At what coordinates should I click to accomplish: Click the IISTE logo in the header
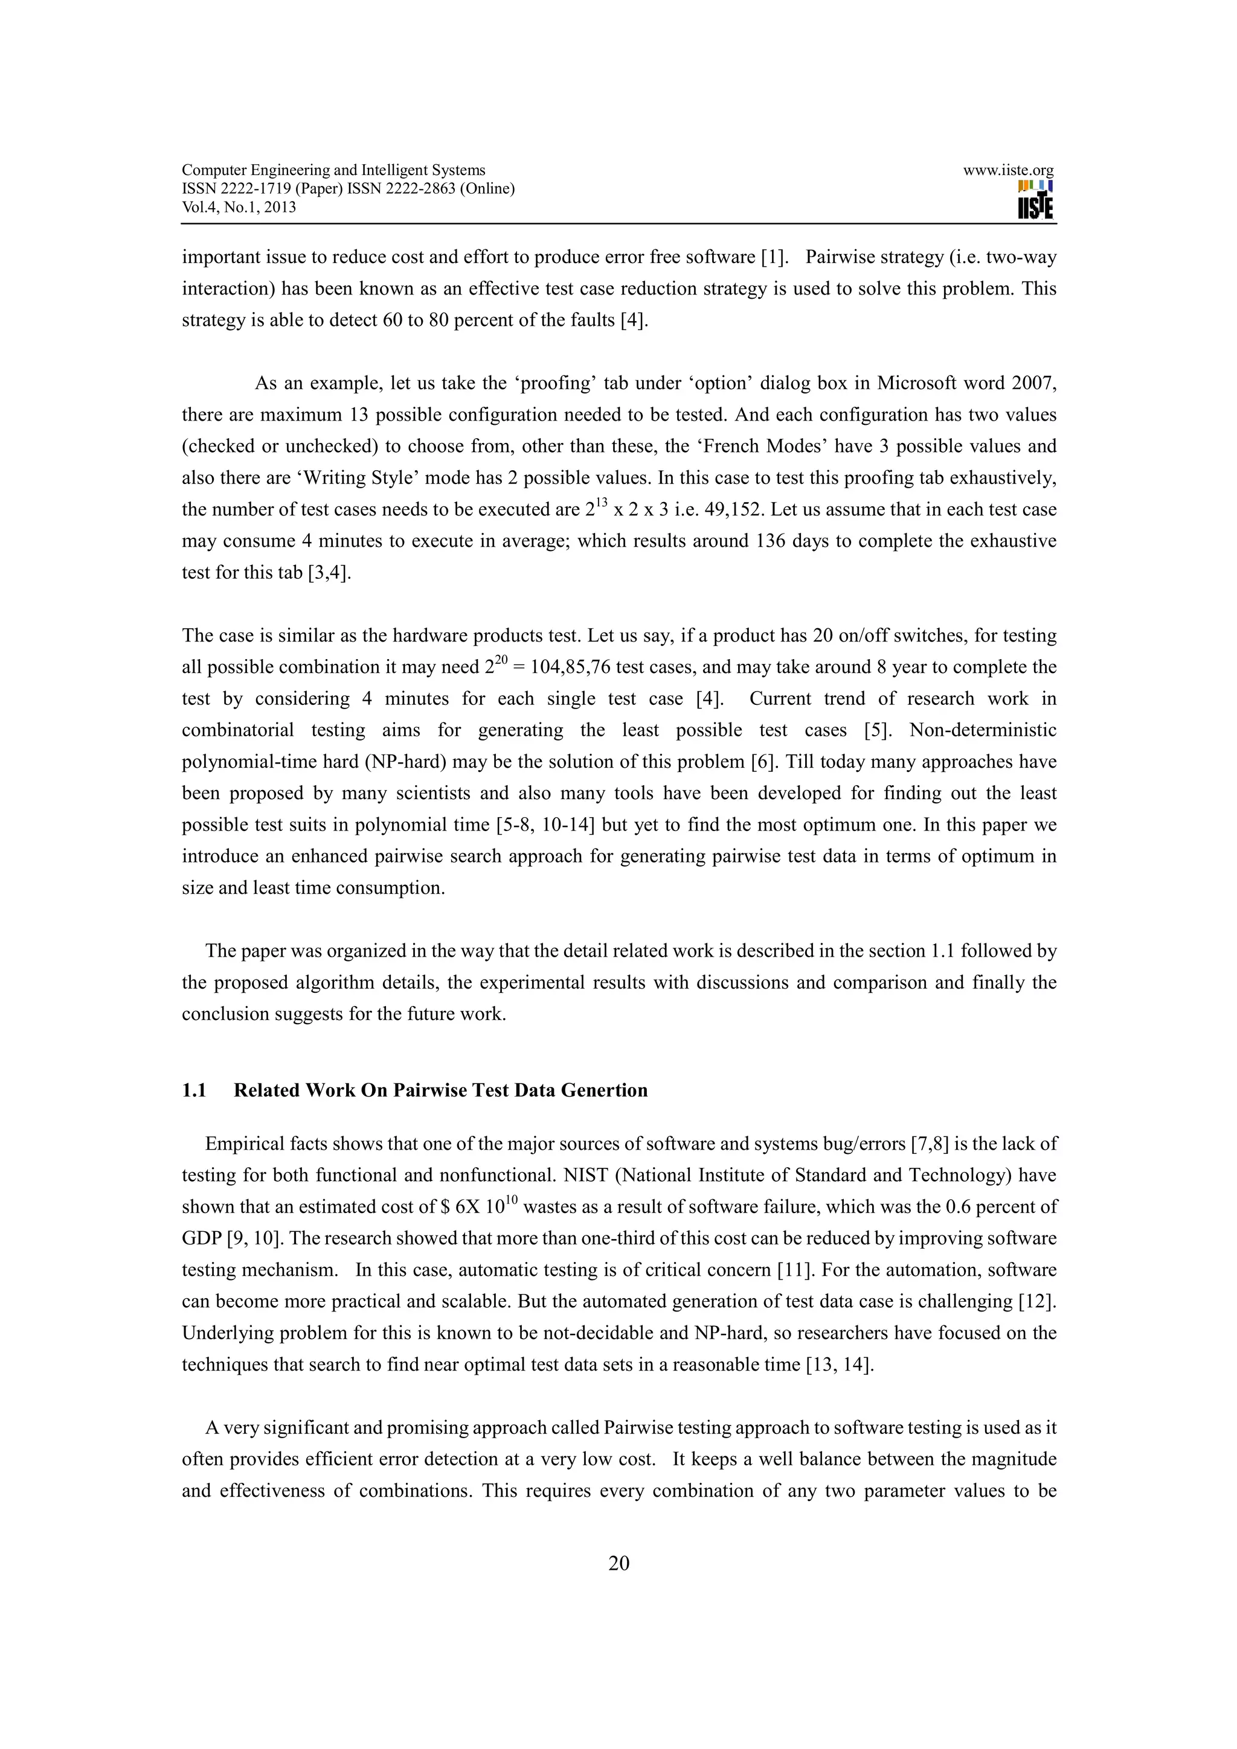(1035, 200)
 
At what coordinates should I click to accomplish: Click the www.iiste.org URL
(1007, 171)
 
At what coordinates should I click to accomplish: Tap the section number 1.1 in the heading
(194, 1090)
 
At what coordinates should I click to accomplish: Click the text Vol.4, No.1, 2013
(239, 207)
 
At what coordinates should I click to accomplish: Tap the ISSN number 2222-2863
(425, 189)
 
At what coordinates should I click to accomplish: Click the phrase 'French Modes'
(780, 447)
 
